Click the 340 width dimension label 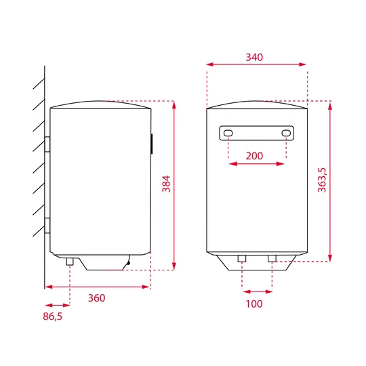254,57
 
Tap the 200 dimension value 254,156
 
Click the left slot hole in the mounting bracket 228,133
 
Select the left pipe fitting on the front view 242,258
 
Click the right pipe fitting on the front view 272,258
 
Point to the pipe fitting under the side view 69,261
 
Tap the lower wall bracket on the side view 47,225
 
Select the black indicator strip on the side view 151,143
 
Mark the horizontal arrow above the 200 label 257,164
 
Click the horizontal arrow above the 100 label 257,291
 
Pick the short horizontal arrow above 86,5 56,305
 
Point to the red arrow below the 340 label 256,65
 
